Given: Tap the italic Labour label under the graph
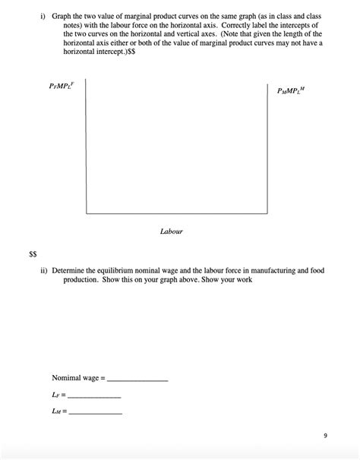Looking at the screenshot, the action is (x=171, y=231).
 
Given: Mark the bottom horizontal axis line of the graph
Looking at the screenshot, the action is (x=178, y=215).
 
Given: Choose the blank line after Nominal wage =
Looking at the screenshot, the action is (x=138, y=379).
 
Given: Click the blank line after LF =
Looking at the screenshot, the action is (x=93, y=395).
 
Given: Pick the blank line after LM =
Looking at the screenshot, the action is (x=95, y=412).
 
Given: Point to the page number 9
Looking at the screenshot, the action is (x=325, y=436).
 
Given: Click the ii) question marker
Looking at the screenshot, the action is (x=44, y=270).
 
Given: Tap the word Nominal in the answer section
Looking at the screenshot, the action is (x=65, y=378).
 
